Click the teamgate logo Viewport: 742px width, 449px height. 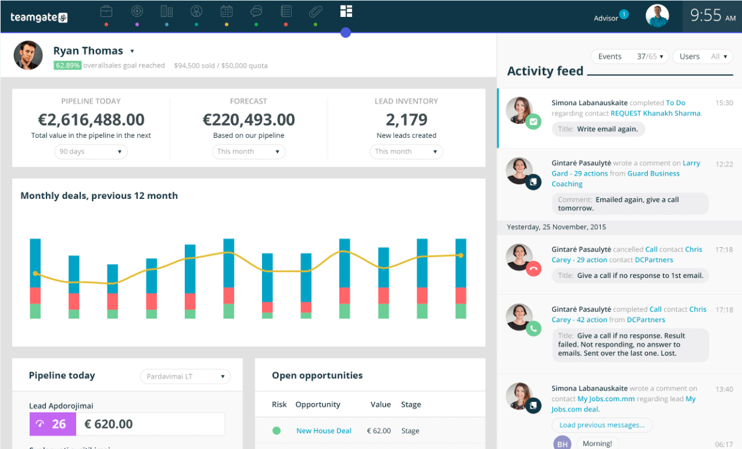click(x=39, y=18)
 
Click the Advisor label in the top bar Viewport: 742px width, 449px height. click(x=606, y=18)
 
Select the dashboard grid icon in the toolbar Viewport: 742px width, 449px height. click(x=346, y=11)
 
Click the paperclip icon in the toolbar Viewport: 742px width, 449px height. click(x=315, y=11)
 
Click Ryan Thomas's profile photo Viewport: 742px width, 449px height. click(x=28, y=56)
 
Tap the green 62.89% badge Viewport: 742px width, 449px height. click(x=68, y=65)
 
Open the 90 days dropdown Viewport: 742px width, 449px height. click(x=91, y=152)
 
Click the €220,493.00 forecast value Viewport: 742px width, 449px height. click(x=249, y=120)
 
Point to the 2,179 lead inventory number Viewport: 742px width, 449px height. click(x=406, y=120)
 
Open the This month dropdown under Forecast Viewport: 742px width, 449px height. click(x=248, y=152)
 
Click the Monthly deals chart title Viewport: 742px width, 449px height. click(x=99, y=196)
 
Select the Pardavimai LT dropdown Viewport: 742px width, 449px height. click(x=185, y=376)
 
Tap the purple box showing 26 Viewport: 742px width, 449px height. click(x=53, y=424)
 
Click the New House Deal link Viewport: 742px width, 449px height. click(x=324, y=431)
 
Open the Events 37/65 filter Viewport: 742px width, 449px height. click(x=629, y=57)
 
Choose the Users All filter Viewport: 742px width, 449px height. click(x=702, y=57)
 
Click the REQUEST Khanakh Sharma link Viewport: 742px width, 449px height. click(x=655, y=113)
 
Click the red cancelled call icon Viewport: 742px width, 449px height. click(x=533, y=269)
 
